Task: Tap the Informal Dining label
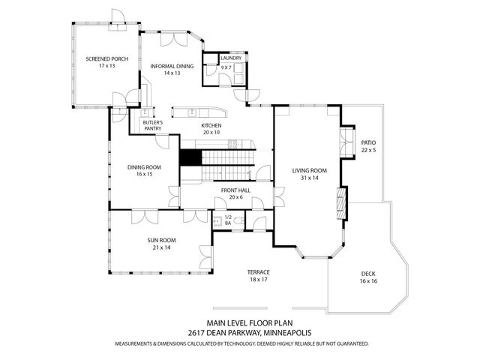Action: pos(172,66)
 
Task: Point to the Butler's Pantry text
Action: pos(153,124)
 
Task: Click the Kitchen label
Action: pos(211,125)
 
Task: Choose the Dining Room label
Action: pos(144,167)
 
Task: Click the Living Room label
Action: pos(310,171)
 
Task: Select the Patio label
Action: pos(367,142)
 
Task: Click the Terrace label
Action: pos(259,271)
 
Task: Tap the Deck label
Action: pos(367,274)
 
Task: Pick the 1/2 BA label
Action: pos(228,220)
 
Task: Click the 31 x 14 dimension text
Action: pos(310,178)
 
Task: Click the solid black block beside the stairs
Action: pos(190,158)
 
